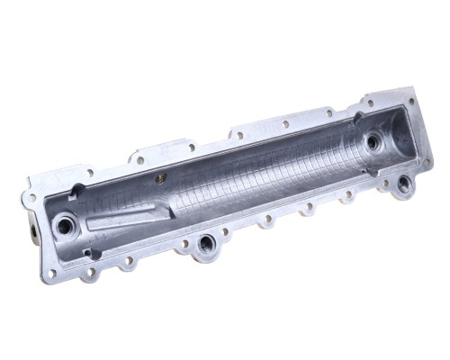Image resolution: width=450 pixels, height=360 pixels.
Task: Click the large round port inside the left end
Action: coord(65,225)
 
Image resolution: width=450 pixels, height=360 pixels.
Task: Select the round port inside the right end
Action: coord(373,141)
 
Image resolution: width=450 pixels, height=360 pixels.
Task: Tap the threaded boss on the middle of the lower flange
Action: coord(206,242)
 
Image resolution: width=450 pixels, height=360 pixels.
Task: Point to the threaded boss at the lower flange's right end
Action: coord(403,184)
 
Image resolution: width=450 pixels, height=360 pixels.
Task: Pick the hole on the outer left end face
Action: coord(31,232)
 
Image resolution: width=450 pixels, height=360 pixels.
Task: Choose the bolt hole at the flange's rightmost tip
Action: coord(427,163)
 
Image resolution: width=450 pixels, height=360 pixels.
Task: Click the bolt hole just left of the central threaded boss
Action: coord(184,243)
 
